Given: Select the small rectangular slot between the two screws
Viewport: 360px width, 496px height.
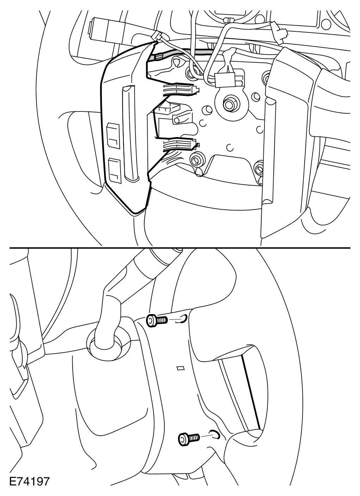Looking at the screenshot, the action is pyautogui.click(x=181, y=368).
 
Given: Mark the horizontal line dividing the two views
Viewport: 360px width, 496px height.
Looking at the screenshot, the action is pyautogui.click(x=180, y=247).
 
